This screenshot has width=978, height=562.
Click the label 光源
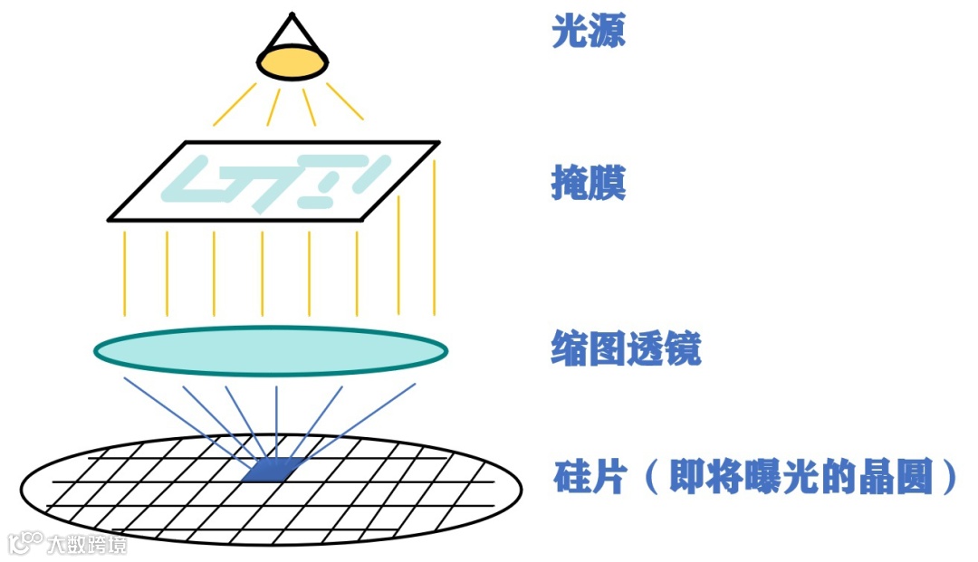pos(589,34)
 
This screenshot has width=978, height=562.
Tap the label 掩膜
pos(589,186)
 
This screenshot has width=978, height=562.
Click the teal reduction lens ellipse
pos(271,351)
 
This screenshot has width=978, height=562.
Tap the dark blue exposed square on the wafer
pos(273,470)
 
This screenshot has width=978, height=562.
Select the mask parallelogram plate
pos(272,181)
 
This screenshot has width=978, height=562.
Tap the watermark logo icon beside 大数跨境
pos(26,542)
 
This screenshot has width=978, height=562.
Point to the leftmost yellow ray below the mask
pos(124,272)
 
